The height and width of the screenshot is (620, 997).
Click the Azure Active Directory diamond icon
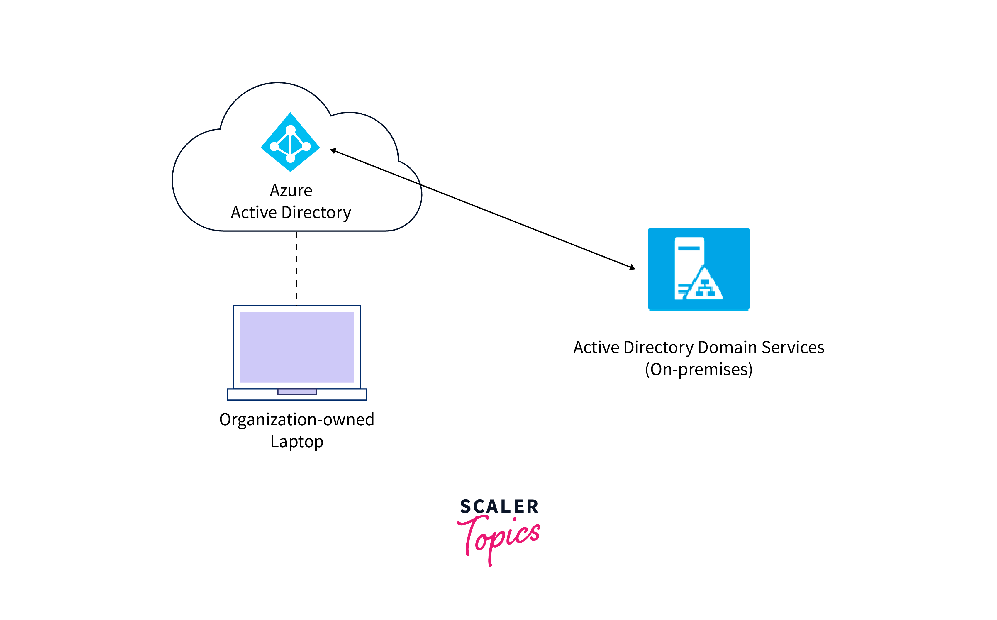click(x=290, y=142)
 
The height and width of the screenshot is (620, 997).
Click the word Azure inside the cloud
click(x=291, y=191)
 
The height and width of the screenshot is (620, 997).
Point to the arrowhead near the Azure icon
click(x=334, y=151)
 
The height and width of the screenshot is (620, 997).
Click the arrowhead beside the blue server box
click(x=632, y=267)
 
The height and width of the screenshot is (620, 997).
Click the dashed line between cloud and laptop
click(x=296, y=269)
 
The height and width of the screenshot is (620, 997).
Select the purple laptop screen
click(x=297, y=347)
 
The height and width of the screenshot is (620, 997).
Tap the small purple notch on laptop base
click(x=297, y=392)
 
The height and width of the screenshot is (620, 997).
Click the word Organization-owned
click(x=297, y=419)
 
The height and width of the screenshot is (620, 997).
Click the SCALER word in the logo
click(x=499, y=507)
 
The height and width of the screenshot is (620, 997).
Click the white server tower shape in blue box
click(x=689, y=254)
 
